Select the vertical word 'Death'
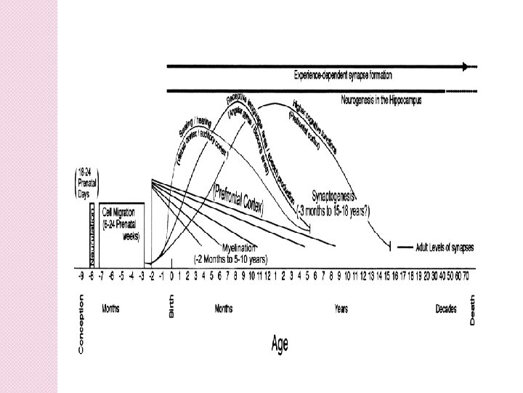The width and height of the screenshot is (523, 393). click(x=473, y=309)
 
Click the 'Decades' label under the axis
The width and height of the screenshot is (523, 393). click(x=446, y=309)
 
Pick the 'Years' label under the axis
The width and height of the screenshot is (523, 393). click(x=341, y=309)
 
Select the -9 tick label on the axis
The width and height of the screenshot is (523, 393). click(x=81, y=277)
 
